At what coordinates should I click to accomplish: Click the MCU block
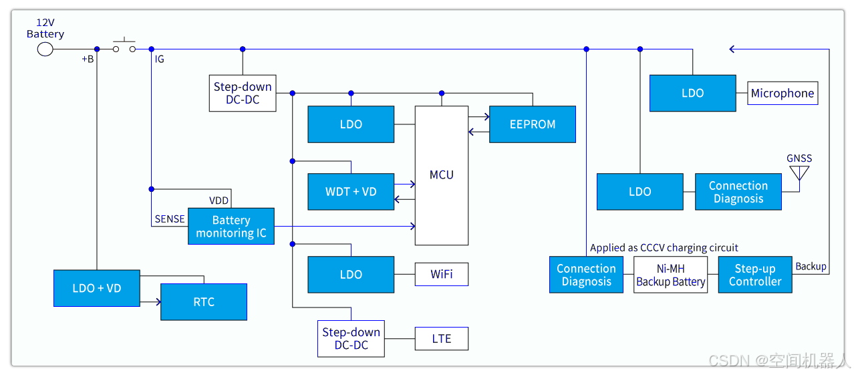click(442, 175)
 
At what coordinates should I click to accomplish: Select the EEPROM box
click(532, 124)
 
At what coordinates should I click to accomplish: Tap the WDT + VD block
click(351, 192)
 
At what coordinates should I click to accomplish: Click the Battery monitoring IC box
click(231, 226)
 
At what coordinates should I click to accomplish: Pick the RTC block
click(204, 302)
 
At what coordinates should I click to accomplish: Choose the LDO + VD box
click(97, 288)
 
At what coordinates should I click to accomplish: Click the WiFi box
click(441, 274)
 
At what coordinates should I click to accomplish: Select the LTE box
click(441, 339)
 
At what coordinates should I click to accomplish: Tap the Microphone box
click(782, 94)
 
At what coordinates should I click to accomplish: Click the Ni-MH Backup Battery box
click(670, 275)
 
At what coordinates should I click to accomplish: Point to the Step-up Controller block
click(755, 275)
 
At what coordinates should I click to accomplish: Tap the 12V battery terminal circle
click(45, 49)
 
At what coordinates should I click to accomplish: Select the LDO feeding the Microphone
click(692, 94)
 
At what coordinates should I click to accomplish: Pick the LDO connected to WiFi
click(351, 275)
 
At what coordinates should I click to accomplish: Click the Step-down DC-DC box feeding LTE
click(351, 339)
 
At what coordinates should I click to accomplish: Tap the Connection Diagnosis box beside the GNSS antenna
click(738, 192)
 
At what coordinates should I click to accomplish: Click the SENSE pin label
click(170, 219)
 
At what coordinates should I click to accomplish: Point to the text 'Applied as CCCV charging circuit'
click(664, 248)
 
